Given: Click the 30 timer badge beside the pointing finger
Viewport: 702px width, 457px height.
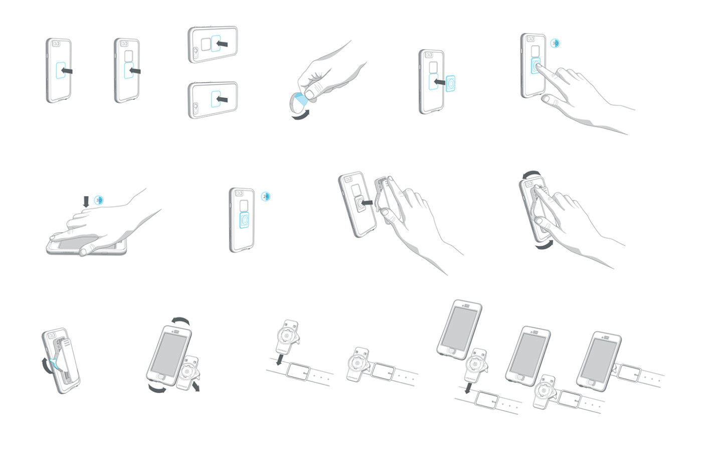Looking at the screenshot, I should tap(555, 44).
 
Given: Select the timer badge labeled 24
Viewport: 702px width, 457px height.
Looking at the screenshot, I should tap(266, 197).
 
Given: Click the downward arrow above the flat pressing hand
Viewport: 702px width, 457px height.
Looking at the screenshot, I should tap(86, 201).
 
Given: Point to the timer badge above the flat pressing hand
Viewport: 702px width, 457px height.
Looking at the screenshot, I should tap(99, 201).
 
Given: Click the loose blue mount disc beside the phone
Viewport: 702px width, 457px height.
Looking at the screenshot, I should tap(451, 83).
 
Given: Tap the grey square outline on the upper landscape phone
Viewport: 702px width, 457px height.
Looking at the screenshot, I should tap(206, 44).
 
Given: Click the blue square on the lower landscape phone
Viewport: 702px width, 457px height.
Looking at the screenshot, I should tap(217, 99).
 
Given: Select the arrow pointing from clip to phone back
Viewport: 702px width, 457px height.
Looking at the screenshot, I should tap(367, 203).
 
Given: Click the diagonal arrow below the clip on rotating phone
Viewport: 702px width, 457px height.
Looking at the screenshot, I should tap(195, 385).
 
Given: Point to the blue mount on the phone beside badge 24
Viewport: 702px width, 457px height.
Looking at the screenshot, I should tap(244, 220).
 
